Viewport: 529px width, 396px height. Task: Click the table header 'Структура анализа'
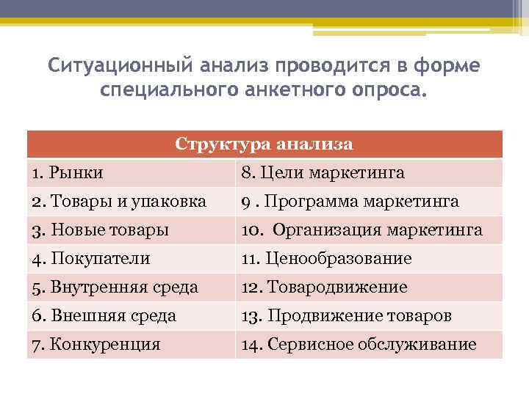tap(264, 144)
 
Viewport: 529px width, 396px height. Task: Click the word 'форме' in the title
tap(450, 66)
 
